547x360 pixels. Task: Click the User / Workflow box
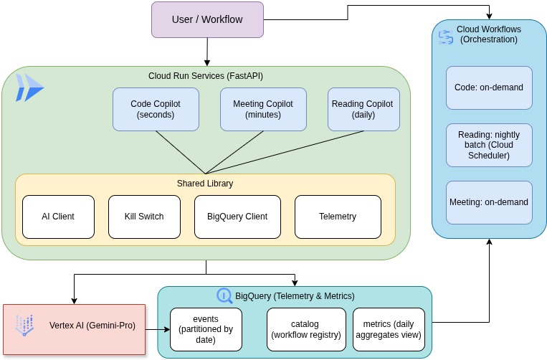(206, 19)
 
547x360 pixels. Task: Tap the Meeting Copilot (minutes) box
(263, 109)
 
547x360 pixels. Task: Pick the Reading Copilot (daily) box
(363, 109)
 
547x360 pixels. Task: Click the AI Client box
(58, 217)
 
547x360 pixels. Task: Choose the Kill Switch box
(144, 217)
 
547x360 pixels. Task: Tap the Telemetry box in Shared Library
(338, 217)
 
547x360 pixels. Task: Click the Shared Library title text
(205, 184)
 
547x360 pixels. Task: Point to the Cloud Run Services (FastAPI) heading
(206, 76)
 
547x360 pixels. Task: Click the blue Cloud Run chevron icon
(30, 87)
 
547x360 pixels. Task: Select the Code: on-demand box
(489, 87)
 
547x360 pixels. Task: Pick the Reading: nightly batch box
(489, 145)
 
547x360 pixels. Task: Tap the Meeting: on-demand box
(489, 202)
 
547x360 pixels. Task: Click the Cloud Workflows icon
(445, 34)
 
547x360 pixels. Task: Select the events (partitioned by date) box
(206, 329)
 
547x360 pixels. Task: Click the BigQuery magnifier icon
(224, 295)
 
